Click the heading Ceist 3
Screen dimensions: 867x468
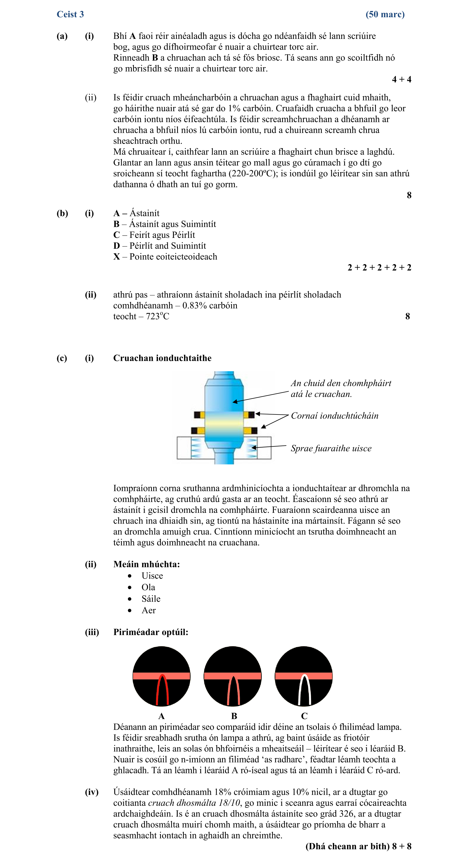point(70,14)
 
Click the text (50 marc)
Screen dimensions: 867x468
point(385,14)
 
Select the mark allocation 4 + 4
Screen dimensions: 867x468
point(401,80)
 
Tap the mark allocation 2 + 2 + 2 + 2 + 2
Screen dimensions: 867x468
point(379,267)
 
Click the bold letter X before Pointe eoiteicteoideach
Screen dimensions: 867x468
point(117,257)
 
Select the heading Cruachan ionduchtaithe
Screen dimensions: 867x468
point(162,358)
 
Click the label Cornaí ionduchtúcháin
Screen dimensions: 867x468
point(334,416)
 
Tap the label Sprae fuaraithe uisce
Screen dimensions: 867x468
point(331,448)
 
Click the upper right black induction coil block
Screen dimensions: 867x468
point(252,414)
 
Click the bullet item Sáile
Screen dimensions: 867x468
point(151,599)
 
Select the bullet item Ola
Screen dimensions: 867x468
point(148,587)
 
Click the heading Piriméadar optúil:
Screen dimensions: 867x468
point(151,632)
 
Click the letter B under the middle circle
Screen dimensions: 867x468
point(234,716)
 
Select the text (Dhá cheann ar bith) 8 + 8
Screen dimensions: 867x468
point(358,846)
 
